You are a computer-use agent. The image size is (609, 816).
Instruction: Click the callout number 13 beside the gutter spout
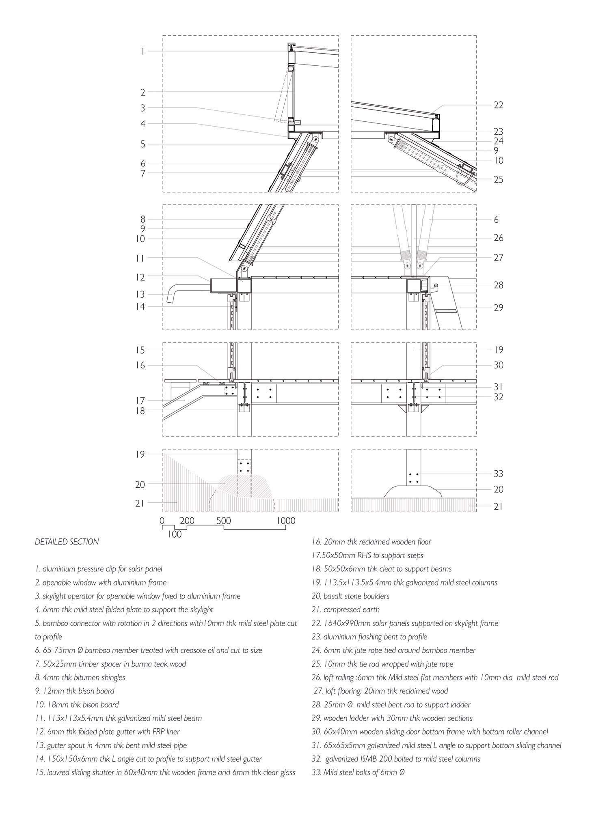tap(140, 295)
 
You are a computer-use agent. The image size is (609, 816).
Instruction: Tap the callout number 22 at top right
tap(498, 105)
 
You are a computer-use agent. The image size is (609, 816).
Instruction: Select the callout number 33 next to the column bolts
tap(498, 474)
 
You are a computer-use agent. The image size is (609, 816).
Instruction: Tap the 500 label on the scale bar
tap(224, 521)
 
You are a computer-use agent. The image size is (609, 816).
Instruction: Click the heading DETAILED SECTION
tap(67, 542)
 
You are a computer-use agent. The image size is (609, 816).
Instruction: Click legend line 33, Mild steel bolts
tap(358, 773)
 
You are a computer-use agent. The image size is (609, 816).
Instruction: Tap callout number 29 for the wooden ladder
tap(498, 308)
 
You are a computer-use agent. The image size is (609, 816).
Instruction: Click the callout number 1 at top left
tap(143, 52)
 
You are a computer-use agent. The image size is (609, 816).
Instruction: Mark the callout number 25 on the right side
tap(498, 179)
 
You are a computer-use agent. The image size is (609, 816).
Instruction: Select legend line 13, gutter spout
tap(111, 745)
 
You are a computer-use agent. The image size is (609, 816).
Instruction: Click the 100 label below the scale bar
tap(175, 534)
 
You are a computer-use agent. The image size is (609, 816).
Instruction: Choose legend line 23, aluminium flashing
tap(369, 637)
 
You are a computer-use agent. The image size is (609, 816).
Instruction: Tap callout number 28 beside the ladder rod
tap(498, 285)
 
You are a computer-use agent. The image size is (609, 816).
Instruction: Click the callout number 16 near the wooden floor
tap(140, 365)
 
